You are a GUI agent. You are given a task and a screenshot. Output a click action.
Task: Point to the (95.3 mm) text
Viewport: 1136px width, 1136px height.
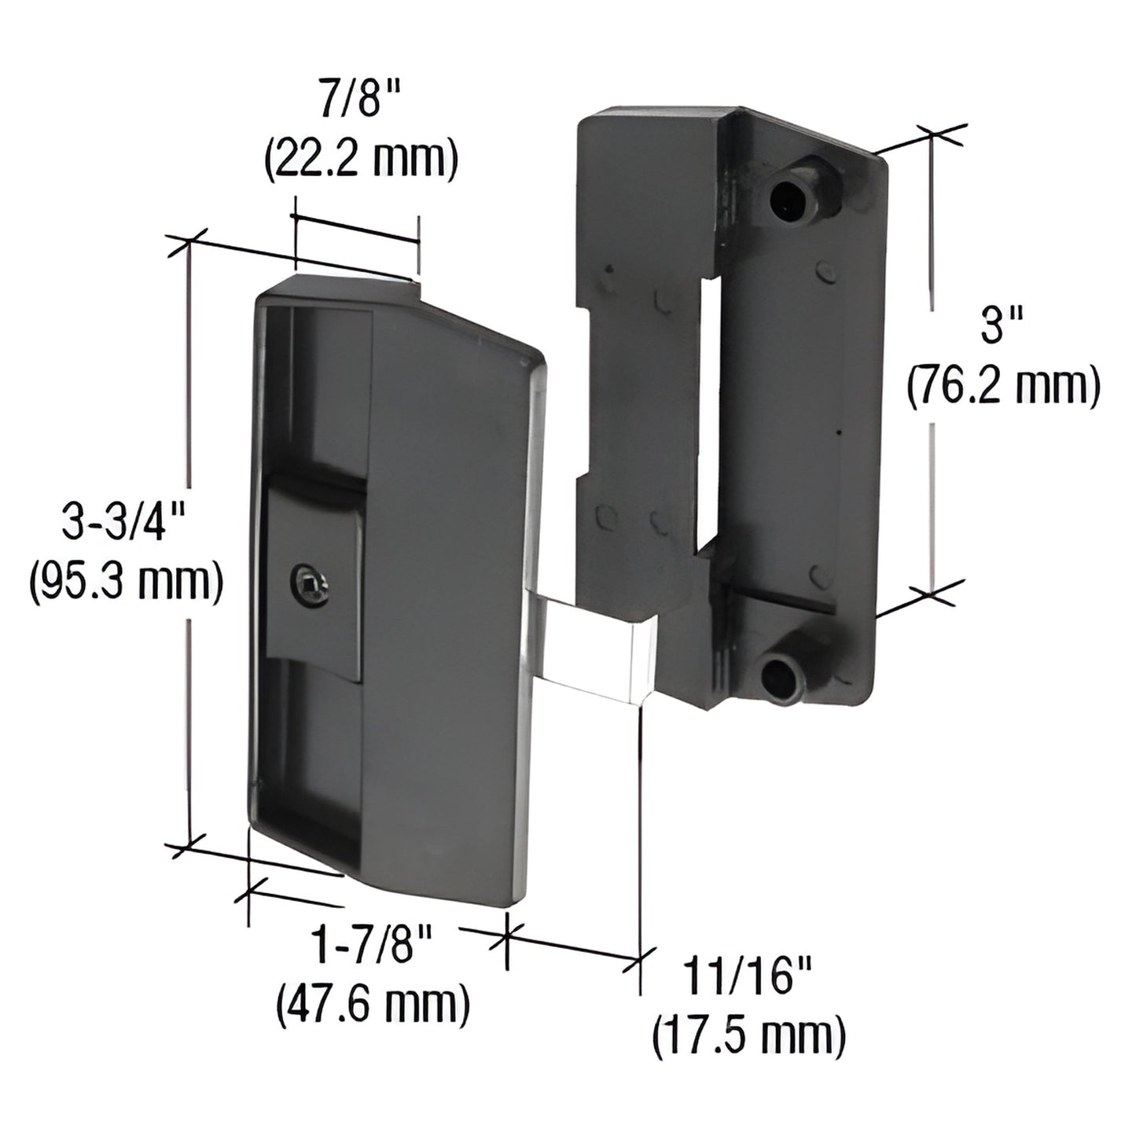coord(125,583)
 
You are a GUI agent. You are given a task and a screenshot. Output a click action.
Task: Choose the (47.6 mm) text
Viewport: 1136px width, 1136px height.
coord(373,1004)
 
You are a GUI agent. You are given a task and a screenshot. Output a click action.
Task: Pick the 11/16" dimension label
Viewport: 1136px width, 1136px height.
coord(749,980)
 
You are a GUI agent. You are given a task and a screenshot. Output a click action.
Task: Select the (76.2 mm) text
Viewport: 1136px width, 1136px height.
coord(1003,387)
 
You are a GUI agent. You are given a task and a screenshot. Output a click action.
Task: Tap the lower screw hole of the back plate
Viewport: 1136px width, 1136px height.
coord(779,673)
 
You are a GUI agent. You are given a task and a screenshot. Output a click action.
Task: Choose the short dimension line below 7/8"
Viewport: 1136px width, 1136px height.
coord(355,230)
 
